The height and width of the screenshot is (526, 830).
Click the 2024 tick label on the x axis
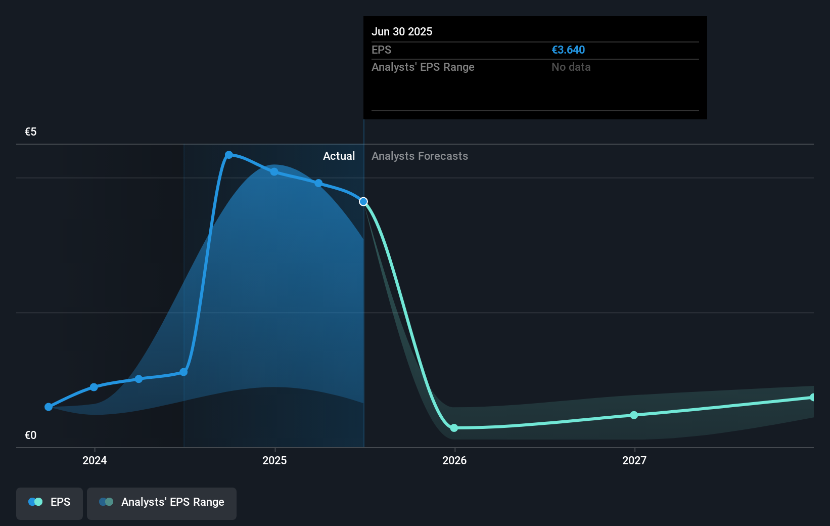[x=95, y=460]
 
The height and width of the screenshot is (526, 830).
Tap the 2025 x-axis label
[x=274, y=460]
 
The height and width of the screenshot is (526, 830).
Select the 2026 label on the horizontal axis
[x=454, y=460]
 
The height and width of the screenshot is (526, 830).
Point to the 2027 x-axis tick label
[x=634, y=460]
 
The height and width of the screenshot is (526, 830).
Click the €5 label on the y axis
[x=30, y=132]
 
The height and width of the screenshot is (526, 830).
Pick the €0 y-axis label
[x=30, y=435]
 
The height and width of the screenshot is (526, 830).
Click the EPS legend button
[x=50, y=502]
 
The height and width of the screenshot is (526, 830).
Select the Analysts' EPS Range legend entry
[x=162, y=502]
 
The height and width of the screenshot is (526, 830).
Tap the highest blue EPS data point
[x=229, y=155]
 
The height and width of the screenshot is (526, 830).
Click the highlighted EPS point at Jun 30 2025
[x=363, y=202]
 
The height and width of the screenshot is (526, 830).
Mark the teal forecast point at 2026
[x=454, y=428]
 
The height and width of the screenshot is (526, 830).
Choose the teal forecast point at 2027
[x=634, y=415]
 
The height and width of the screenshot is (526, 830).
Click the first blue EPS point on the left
[x=49, y=407]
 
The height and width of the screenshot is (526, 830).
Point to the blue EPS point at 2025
[x=274, y=172]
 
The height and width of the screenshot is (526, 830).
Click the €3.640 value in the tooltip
[x=568, y=50]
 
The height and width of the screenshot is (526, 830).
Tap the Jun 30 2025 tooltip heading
[x=402, y=32]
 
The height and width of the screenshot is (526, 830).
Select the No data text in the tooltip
[x=571, y=67]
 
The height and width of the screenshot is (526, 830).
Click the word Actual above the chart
[x=339, y=156]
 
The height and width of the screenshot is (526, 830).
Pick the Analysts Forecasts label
[x=420, y=156]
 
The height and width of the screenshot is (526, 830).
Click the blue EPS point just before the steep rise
[x=183, y=372]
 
